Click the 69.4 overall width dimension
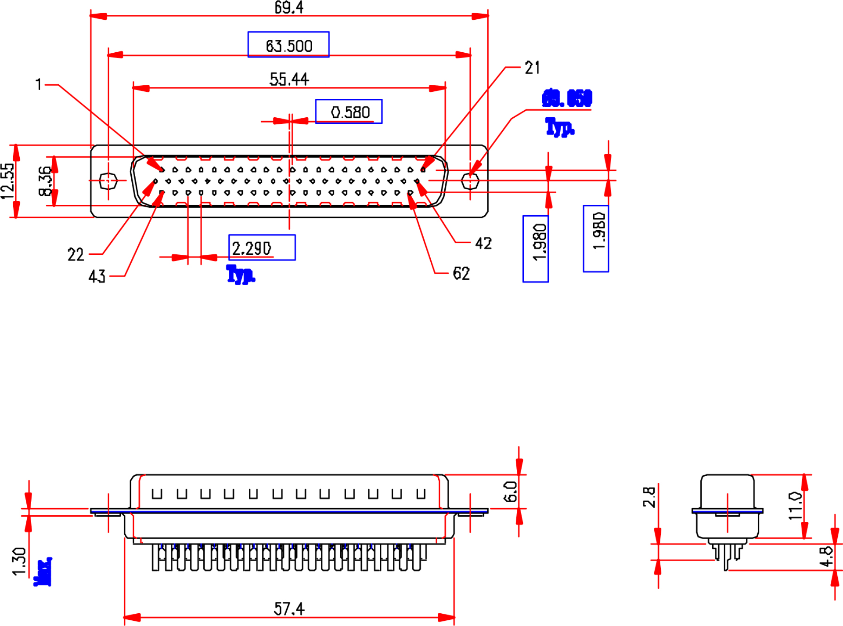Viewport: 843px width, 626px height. [288, 7]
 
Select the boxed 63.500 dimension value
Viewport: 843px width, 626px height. [288, 46]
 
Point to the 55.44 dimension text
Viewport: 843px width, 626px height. [289, 80]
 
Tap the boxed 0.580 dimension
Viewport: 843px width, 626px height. [349, 112]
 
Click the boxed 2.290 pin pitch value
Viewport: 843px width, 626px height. [252, 248]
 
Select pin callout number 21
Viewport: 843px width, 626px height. [532, 68]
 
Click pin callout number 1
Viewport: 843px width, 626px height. [39, 84]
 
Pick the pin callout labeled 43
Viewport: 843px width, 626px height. [97, 276]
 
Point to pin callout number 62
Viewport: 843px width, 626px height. [461, 273]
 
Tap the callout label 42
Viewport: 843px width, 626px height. [483, 243]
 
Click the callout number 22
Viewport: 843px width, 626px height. [76, 255]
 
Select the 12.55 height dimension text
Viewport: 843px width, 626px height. [7, 181]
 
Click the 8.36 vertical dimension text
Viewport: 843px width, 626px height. [45, 181]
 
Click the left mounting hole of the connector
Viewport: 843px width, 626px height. [108, 181]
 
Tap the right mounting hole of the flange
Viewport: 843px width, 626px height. [470, 181]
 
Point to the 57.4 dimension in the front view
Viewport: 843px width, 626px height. [289, 609]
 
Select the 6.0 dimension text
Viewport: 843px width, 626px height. [510, 492]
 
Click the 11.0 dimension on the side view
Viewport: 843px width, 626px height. [795, 506]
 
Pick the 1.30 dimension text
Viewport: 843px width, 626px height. [19, 561]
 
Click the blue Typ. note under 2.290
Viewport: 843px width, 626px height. [241, 275]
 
